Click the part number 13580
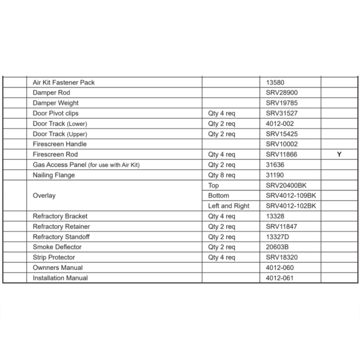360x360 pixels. click(x=275, y=82)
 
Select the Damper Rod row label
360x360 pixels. click(x=51, y=93)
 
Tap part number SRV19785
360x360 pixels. click(x=282, y=103)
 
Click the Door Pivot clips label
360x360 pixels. click(x=55, y=113)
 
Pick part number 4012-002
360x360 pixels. click(x=280, y=123)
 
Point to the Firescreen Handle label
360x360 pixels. click(x=60, y=144)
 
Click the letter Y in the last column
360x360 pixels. click(x=339, y=154)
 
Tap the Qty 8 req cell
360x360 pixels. click(x=221, y=175)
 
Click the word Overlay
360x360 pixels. click(x=44, y=195)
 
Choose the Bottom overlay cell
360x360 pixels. click(x=219, y=195)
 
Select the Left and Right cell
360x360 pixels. click(x=229, y=206)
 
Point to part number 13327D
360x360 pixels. click(x=278, y=237)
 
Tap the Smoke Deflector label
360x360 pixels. click(x=57, y=247)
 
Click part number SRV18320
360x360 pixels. click(x=282, y=257)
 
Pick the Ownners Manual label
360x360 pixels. click(x=58, y=267)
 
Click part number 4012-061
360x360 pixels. click(x=280, y=278)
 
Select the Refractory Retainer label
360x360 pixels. click(x=61, y=226)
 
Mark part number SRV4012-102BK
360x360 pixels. click(x=291, y=206)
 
